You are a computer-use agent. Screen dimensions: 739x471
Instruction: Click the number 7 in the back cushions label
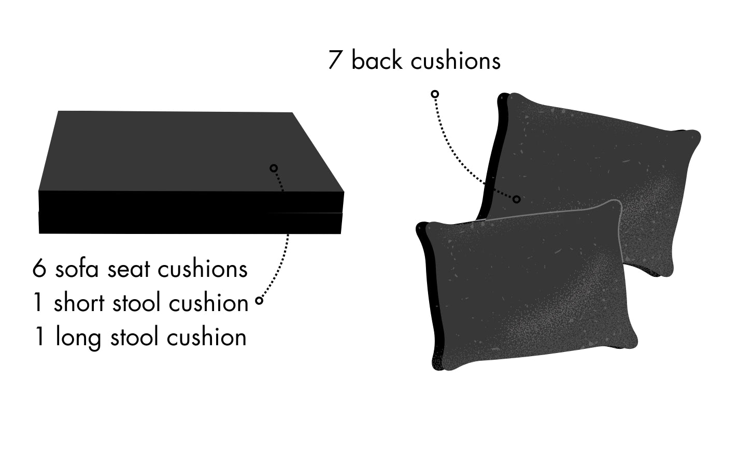[x=335, y=60]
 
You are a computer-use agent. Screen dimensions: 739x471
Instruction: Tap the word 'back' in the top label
[x=377, y=60]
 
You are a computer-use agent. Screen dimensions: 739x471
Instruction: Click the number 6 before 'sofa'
[x=39, y=269]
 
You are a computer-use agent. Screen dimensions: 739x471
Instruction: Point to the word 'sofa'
[x=77, y=269]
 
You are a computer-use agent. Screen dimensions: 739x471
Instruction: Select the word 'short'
[x=79, y=302]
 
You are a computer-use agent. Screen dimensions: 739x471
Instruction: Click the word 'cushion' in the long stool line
[x=207, y=336]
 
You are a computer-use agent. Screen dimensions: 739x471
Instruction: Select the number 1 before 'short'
[x=38, y=303]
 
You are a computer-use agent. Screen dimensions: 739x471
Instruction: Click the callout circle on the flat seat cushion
[x=274, y=168]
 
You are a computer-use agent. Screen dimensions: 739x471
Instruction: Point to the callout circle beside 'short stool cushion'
[x=259, y=301]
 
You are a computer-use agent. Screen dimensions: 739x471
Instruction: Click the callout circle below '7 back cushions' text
[x=435, y=94]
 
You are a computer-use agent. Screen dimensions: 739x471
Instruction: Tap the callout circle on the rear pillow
[x=517, y=199]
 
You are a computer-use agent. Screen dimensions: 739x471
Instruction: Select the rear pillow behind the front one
[x=594, y=171]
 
